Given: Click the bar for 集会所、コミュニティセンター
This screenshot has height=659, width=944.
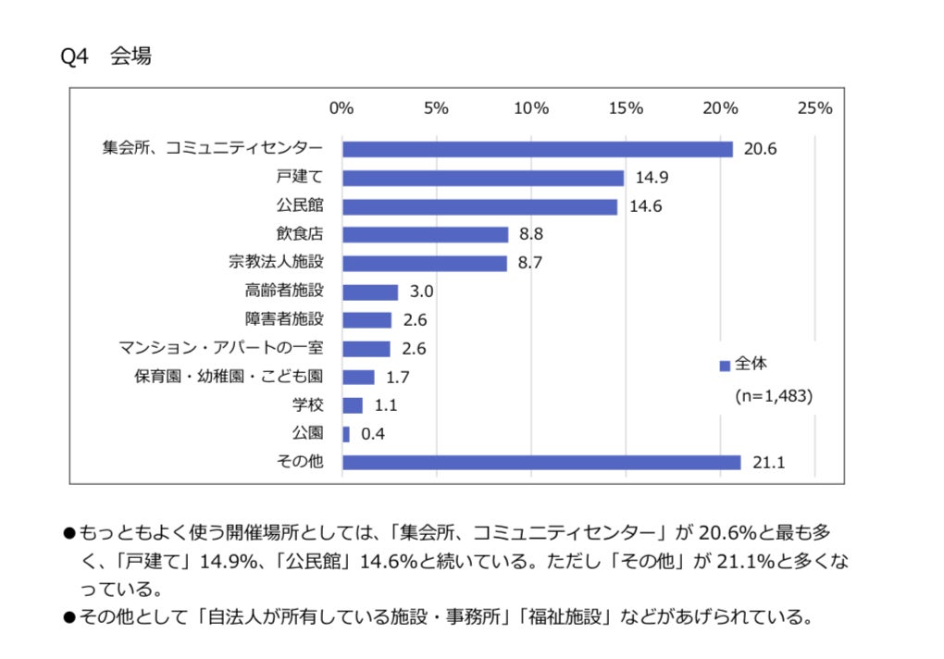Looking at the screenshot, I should (x=537, y=149).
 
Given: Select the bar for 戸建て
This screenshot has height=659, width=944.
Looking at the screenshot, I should (x=483, y=178).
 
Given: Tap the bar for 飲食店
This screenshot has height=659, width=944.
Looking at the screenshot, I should (x=425, y=235).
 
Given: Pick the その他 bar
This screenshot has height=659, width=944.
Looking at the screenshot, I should (x=541, y=462).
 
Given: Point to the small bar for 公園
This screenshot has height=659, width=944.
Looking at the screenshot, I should (x=346, y=434).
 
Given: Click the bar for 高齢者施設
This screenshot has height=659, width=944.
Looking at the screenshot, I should (x=370, y=292).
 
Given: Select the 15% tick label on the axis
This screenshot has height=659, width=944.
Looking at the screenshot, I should (x=626, y=108).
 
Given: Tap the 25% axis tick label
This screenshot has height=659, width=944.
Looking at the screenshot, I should (x=814, y=108).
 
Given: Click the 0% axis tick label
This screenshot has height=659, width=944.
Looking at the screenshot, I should (x=342, y=108).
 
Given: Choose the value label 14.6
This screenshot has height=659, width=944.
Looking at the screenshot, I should (x=645, y=206).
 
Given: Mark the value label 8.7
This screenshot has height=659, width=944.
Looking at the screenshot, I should (x=529, y=264).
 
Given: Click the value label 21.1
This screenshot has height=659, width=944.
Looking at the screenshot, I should (x=769, y=463).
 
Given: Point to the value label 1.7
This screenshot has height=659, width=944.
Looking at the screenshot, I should (x=398, y=378).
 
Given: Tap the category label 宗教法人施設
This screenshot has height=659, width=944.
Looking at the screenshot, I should (x=276, y=263).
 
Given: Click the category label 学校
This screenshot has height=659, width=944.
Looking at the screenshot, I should (x=307, y=405).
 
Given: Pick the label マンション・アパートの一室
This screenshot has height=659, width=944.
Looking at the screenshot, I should (x=221, y=349).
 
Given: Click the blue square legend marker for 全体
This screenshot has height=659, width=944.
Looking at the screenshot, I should (x=725, y=366).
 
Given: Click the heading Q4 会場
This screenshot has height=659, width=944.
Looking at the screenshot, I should (x=106, y=56).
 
